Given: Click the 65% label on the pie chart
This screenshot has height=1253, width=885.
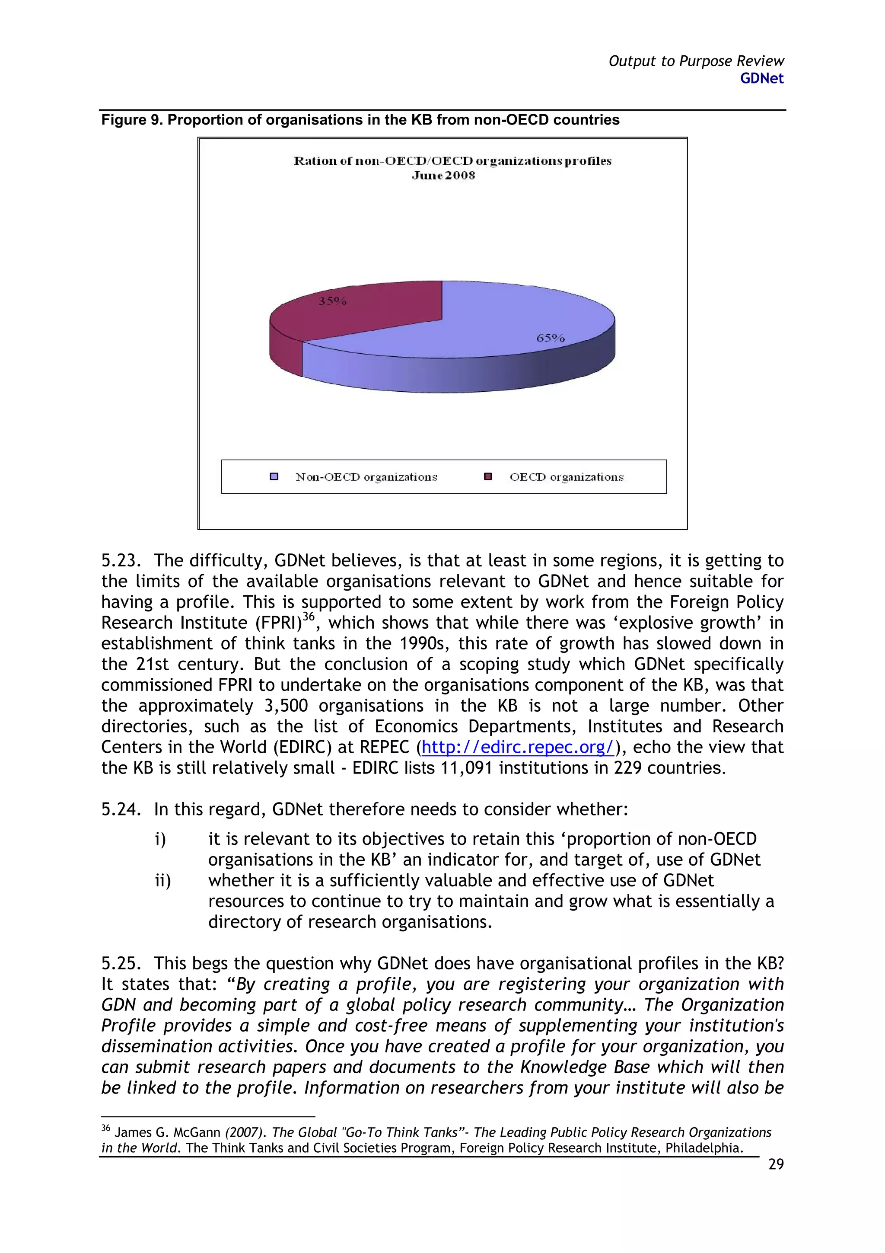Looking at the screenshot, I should tap(550, 338).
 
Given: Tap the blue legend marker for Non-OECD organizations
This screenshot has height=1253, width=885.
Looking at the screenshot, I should tap(274, 476).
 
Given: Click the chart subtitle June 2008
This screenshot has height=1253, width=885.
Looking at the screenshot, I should tap(443, 175).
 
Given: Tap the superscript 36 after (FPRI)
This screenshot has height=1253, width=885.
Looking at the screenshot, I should tap(309, 617).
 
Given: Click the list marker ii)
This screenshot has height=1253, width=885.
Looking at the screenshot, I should tap(162, 881).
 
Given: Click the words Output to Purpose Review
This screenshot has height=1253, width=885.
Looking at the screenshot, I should tap(696, 61).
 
